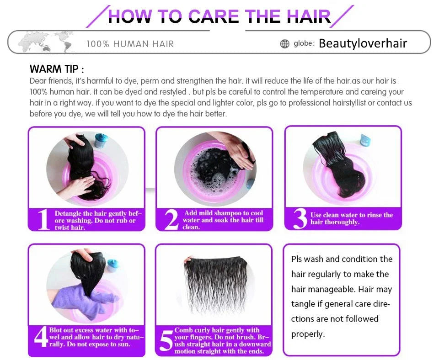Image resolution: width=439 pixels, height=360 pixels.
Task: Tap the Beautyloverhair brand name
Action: point(363,43)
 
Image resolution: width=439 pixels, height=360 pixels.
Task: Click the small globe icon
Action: point(285,44)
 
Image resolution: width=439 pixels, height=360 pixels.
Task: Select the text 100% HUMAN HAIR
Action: point(130,44)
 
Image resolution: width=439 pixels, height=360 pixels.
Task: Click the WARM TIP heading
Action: point(57,69)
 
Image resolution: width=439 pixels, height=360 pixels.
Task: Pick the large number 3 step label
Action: point(300,219)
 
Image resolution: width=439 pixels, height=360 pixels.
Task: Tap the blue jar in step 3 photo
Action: point(364,139)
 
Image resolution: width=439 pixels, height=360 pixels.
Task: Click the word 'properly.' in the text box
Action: point(308,334)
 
